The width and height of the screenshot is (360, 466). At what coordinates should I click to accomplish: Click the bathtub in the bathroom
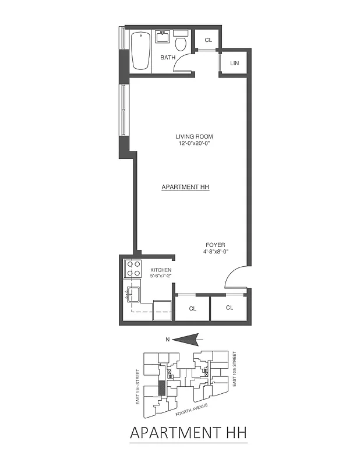point(140,51)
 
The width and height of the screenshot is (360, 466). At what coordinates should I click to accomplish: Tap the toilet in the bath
point(181,44)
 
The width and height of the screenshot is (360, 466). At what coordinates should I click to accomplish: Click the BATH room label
point(168,58)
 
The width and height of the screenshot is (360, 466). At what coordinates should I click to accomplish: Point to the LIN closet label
point(235,63)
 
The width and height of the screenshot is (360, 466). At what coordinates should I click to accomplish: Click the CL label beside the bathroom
point(208,40)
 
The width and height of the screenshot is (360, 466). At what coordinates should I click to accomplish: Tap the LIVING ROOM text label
point(194,137)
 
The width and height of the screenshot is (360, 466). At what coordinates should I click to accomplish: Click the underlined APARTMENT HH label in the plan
point(185,188)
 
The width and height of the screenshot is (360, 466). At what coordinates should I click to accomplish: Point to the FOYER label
point(216,245)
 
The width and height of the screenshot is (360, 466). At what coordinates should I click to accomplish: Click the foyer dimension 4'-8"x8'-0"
point(216,252)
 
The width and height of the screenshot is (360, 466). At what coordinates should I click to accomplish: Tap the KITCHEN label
point(161,270)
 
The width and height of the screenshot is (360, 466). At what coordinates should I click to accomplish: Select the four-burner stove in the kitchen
point(133,269)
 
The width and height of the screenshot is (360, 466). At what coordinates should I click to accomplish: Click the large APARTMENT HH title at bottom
point(188,433)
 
